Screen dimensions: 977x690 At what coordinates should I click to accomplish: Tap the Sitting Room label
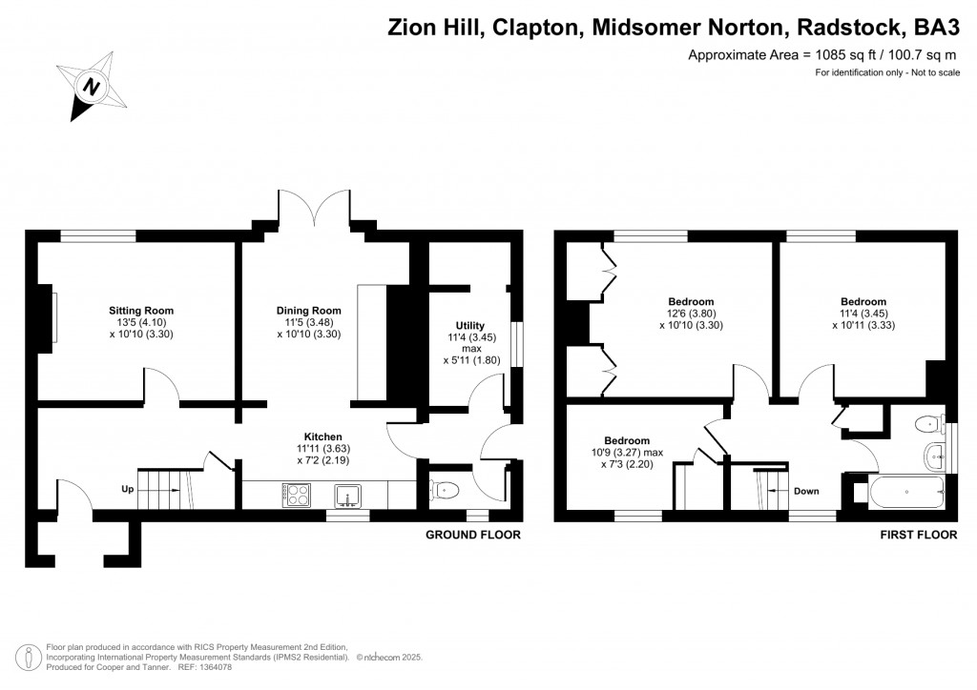(x=141, y=311)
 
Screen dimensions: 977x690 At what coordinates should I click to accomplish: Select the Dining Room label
(x=309, y=311)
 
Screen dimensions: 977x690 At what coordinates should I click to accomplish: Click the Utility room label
(x=469, y=325)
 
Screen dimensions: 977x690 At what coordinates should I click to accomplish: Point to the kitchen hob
(x=297, y=495)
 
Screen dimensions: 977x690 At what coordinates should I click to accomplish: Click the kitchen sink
(x=347, y=496)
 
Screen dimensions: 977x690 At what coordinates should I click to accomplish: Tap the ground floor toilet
(x=445, y=491)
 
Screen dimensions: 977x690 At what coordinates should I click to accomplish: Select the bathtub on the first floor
(x=907, y=492)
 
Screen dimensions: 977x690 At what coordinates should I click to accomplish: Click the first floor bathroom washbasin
(x=936, y=457)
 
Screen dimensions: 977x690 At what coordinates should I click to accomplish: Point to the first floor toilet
(x=930, y=424)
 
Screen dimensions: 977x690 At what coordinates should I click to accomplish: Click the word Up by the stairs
(x=128, y=489)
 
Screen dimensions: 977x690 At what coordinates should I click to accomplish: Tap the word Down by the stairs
(x=806, y=491)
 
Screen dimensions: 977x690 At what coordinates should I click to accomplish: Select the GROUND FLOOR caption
(x=473, y=535)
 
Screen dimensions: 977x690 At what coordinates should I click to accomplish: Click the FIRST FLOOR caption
(x=919, y=535)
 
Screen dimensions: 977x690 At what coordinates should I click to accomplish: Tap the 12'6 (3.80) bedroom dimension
(x=692, y=314)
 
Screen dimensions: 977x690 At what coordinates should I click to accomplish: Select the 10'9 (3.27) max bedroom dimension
(x=628, y=453)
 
